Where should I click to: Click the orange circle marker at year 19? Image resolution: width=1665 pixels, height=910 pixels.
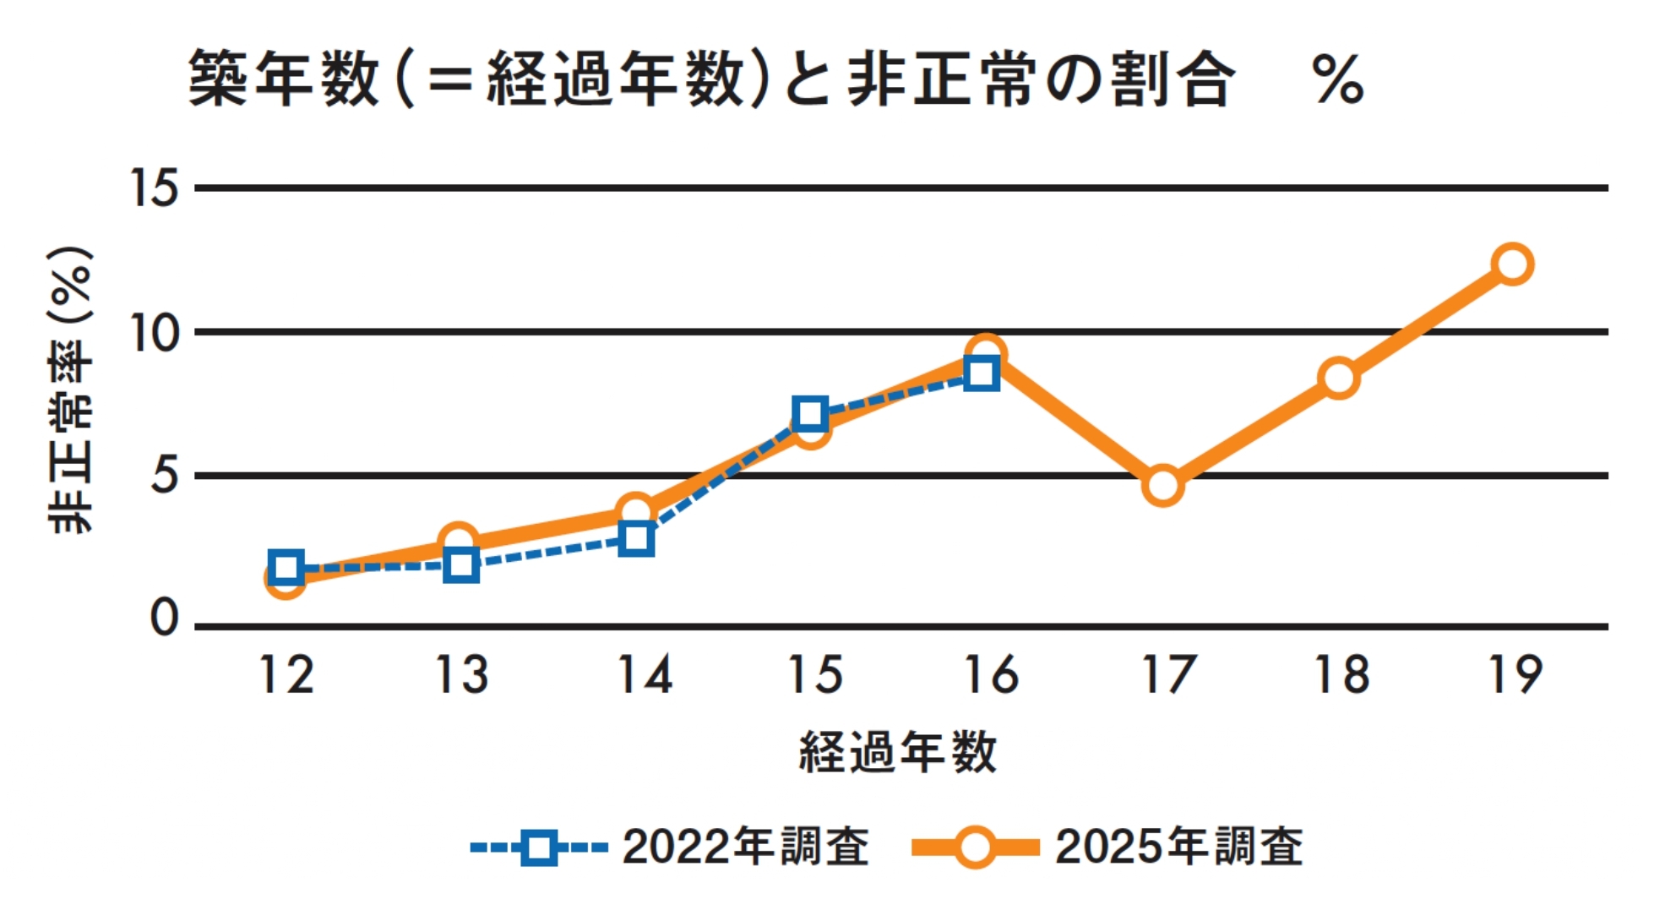coord(1511,264)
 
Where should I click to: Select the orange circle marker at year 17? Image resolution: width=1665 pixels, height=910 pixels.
coord(1162,485)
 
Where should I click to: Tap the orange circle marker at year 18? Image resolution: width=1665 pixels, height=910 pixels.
coord(1339,377)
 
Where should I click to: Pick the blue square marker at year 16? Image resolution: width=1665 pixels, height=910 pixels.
coord(982,373)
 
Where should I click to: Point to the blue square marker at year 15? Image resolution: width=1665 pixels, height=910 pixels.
coord(810,414)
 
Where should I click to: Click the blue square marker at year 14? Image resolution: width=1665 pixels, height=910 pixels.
coord(635,538)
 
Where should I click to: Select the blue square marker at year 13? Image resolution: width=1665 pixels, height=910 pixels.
coord(461,564)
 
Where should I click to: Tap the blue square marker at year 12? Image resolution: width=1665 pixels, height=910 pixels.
coord(286,566)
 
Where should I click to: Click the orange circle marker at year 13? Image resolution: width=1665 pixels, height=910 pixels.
coord(458,541)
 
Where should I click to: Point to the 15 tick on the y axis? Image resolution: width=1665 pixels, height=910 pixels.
coord(155,187)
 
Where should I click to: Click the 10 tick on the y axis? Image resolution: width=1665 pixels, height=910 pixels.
coord(155,333)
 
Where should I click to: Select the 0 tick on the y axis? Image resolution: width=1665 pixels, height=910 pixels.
coord(164,618)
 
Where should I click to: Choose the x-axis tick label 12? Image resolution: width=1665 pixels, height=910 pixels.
coord(286,675)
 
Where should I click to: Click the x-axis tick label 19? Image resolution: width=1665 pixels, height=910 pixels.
coord(1515,675)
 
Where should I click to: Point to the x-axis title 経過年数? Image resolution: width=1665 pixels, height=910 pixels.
coord(897,751)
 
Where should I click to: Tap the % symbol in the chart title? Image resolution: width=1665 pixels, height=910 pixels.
coord(1338,80)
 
